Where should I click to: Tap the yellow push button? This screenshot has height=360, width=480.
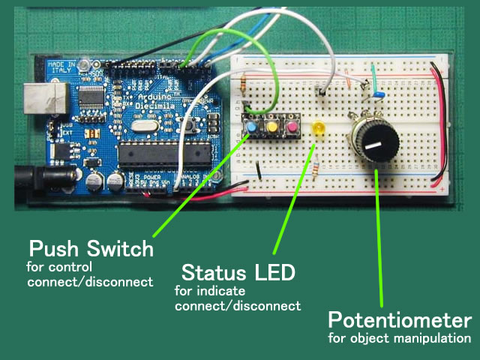pos(269,128)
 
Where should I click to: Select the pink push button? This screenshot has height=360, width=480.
pos(286,128)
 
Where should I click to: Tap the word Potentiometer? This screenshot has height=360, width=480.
pos(400,321)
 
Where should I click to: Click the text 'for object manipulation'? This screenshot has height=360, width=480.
pos(400,339)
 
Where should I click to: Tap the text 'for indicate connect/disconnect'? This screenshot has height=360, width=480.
pos(237,298)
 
